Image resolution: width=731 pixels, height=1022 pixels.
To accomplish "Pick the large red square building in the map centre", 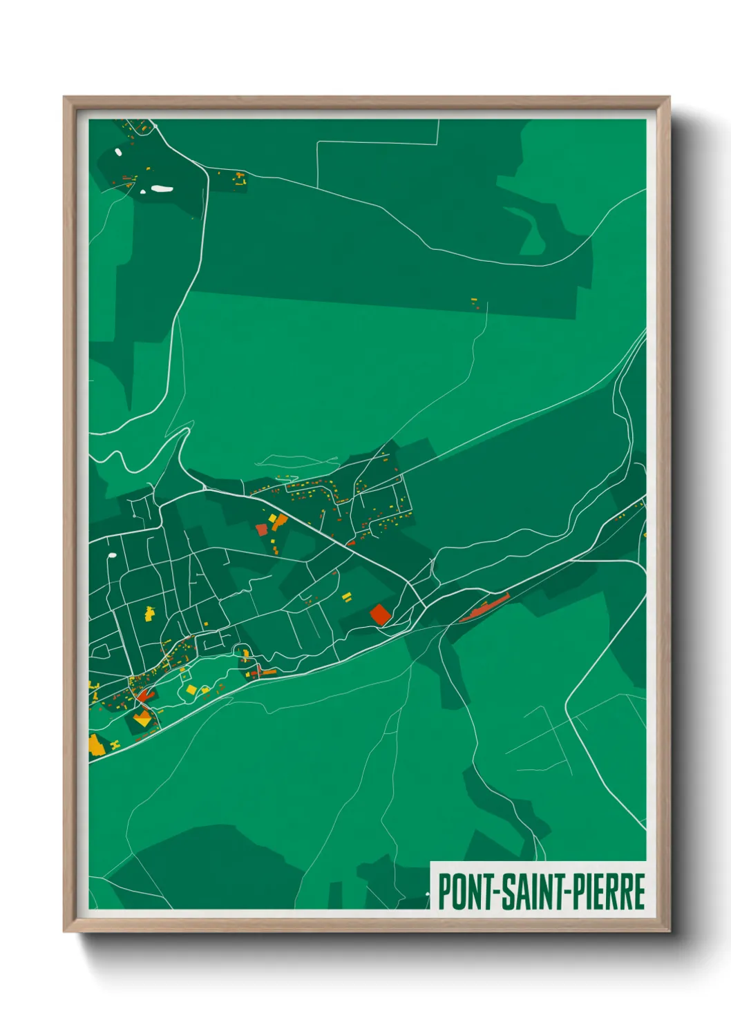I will coord(379,615).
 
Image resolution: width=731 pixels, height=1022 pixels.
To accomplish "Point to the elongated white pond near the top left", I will coord(162,188).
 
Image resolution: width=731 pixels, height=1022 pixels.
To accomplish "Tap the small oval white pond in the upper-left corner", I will coord(118,152).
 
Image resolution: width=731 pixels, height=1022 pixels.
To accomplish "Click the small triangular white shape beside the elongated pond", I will coord(143,191).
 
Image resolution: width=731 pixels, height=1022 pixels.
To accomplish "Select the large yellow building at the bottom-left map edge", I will coord(96,745).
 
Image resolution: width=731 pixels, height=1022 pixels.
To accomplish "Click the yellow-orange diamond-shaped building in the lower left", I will coord(143,720).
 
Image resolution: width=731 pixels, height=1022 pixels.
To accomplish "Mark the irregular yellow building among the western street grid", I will coord(149,612).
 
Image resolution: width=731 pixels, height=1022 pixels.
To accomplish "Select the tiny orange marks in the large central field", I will coord(474,301).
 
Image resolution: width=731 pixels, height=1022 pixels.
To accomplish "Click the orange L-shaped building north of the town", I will coord(278,521).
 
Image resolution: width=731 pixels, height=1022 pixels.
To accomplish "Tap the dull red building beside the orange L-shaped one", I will coord(261,530).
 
